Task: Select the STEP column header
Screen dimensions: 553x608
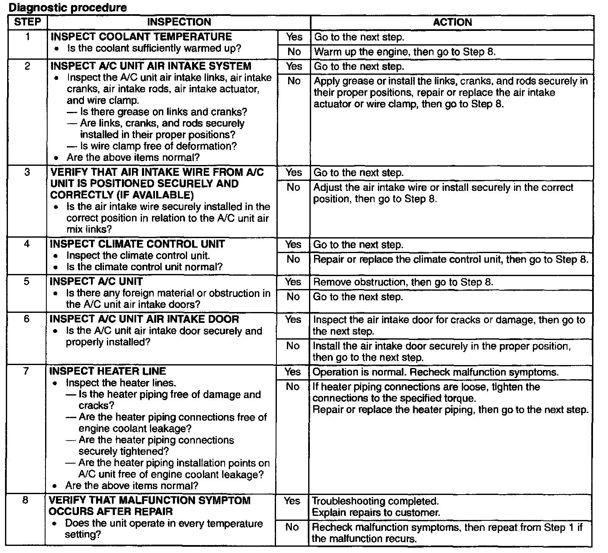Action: pos(28,22)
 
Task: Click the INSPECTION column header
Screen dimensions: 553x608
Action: pos(179,22)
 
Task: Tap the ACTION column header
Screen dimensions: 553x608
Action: pos(452,22)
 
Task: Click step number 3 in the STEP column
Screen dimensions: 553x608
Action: pos(27,172)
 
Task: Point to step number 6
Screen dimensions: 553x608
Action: pos(27,319)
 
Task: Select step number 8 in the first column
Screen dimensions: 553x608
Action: pos(25,500)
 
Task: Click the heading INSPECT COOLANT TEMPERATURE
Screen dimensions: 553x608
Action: pos(141,37)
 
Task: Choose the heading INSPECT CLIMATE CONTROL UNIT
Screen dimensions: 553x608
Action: pos(137,244)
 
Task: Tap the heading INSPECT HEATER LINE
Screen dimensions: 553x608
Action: pos(108,371)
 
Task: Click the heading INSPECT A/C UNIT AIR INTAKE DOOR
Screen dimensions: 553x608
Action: pos(144,319)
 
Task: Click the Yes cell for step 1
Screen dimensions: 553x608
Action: pos(294,37)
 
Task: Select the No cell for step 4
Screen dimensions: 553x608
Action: pos(294,259)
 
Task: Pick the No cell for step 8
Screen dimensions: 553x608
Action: pos(292,527)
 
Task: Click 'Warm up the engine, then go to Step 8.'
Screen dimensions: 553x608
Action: pos(405,52)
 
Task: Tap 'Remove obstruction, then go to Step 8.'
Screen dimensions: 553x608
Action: pos(403,282)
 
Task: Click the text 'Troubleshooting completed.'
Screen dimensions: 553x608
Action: pos(375,501)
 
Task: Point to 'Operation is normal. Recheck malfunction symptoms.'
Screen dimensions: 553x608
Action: pos(436,372)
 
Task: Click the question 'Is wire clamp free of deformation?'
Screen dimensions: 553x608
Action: pos(158,146)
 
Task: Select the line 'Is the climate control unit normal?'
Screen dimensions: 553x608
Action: pos(144,267)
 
